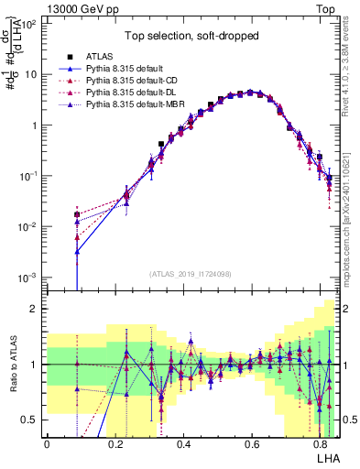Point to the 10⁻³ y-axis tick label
(x=29, y=277)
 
